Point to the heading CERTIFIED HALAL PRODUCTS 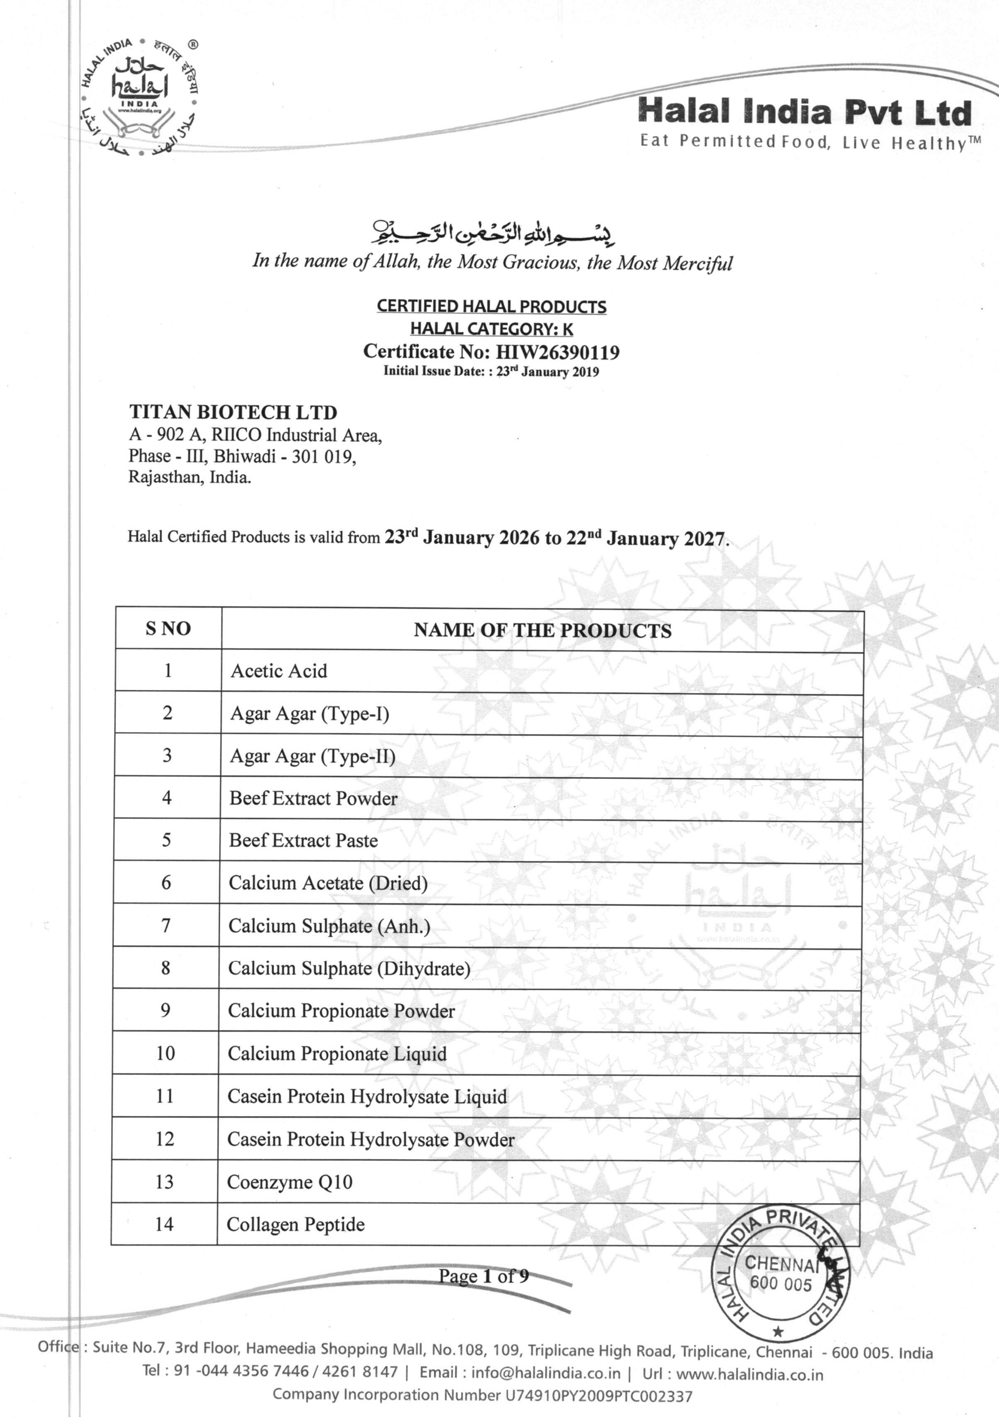pos(491,307)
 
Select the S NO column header pos(168,629)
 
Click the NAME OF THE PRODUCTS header pos(542,631)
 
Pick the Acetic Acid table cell pos(279,671)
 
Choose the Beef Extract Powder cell pos(314,798)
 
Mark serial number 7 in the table pos(166,926)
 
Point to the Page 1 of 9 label pos(484,1276)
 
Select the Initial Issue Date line pos(491,372)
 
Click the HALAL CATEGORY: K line pos(491,329)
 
